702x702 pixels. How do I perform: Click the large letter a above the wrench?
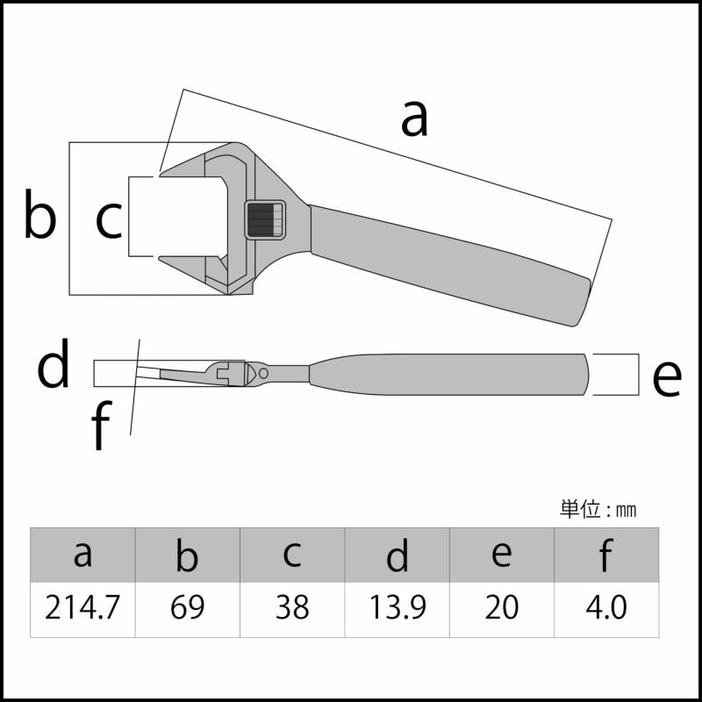pos(414,118)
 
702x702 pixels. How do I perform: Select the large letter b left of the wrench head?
pos(39,213)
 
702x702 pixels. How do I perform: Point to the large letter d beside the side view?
pos(54,362)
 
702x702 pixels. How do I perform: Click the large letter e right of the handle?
pos(667,378)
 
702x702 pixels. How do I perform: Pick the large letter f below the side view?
pos(101,425)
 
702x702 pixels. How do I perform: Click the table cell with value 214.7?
pos(82,609)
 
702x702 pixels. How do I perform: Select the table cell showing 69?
pos(188,609)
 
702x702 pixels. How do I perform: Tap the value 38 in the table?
pos(292,609)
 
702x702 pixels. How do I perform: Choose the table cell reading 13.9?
pos(398,609)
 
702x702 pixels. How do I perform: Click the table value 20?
pos(502,609)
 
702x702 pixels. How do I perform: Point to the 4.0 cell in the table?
pos(606,609)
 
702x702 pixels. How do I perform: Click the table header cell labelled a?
pos(82,555)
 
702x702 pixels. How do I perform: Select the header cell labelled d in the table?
pos(398,555)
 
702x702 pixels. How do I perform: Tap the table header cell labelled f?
pos(606,555)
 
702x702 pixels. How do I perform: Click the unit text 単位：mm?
pos(598,510)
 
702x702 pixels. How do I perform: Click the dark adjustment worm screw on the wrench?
pos(265,219)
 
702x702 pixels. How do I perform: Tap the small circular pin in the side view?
pos(263,373)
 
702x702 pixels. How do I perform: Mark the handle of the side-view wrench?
pos(448,375)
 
